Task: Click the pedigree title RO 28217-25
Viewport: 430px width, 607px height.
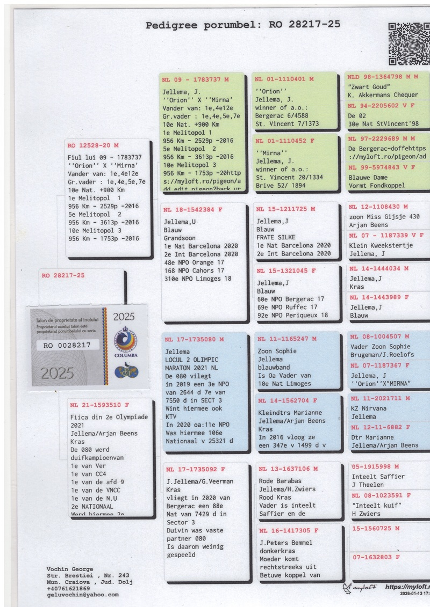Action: [243, 25]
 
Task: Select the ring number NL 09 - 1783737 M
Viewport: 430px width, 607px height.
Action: [195, 79]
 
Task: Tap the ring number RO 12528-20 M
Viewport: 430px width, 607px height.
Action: [93, 145]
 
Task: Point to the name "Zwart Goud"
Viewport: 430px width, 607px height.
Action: [369, 87]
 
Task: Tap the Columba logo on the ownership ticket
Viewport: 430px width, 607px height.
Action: [128, 343]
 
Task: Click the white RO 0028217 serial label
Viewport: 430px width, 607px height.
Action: [68, 346]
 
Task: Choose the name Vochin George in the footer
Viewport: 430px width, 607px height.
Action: [70, 569]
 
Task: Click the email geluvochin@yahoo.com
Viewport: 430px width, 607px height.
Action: [82, 595]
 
